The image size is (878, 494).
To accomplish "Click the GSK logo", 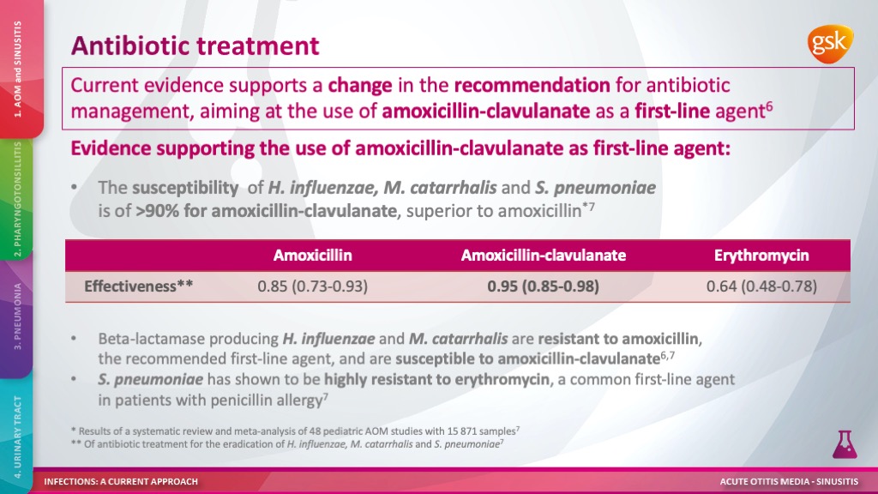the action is (830, 43).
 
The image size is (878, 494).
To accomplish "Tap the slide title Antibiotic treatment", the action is (195, 46).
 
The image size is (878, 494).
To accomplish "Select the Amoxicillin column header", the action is (312, 256).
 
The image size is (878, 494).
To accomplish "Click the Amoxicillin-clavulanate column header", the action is (543, 256).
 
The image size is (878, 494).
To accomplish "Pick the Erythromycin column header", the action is (761, 256).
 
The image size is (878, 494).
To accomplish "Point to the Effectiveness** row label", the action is (138, 286).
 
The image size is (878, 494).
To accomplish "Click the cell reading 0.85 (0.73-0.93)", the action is (312, 286).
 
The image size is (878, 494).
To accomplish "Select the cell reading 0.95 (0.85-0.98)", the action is (543, 286).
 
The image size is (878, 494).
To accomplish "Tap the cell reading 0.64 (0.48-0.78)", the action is (761, 286).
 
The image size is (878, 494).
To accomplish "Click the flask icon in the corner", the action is (845, 445).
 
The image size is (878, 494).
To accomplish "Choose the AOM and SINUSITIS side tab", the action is (18, 69).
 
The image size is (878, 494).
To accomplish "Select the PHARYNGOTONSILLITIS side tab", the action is (17, 199).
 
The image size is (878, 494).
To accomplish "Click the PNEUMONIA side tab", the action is (17, 316).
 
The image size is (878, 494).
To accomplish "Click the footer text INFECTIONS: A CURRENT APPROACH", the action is (121, 482).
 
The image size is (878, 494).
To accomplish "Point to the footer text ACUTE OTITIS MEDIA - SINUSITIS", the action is (789, 482).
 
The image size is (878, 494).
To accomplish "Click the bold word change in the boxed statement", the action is (360, 86).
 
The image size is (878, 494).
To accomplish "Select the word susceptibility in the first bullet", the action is (185, 188).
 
